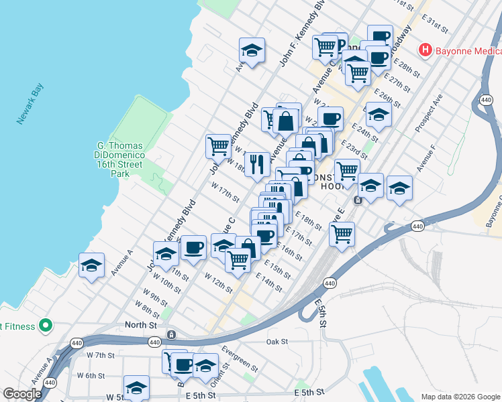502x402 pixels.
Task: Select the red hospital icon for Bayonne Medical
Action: point(425,50)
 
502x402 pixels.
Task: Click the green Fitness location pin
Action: point(46,326)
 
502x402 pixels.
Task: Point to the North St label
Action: point(140,325)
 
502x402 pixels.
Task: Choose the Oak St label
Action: point(277,341)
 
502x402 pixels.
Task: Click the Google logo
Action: point(22,394)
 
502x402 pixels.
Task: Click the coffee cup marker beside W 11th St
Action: point(193,248)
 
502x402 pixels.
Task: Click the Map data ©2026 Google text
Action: point(460,397)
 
